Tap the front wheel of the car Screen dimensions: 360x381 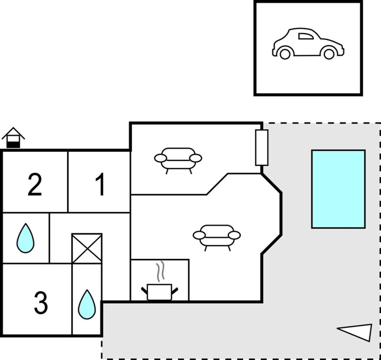coord(284,54)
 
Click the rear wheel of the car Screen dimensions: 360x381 coord(329,54)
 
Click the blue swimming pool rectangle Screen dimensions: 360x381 coord(338,189)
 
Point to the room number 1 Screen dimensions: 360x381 coord(100,185)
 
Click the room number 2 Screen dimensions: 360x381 coord(34,185)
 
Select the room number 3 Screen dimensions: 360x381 coord(41,303)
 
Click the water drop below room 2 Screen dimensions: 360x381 coord(25,238)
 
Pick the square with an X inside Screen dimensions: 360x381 coord(87,248)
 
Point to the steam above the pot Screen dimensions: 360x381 coord(160,271)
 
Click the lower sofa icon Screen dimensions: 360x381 coord(217,235)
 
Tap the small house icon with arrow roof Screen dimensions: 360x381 coord(13,138)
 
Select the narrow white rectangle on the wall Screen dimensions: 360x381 coord(261,148)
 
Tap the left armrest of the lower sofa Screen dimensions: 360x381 coord(199,234)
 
